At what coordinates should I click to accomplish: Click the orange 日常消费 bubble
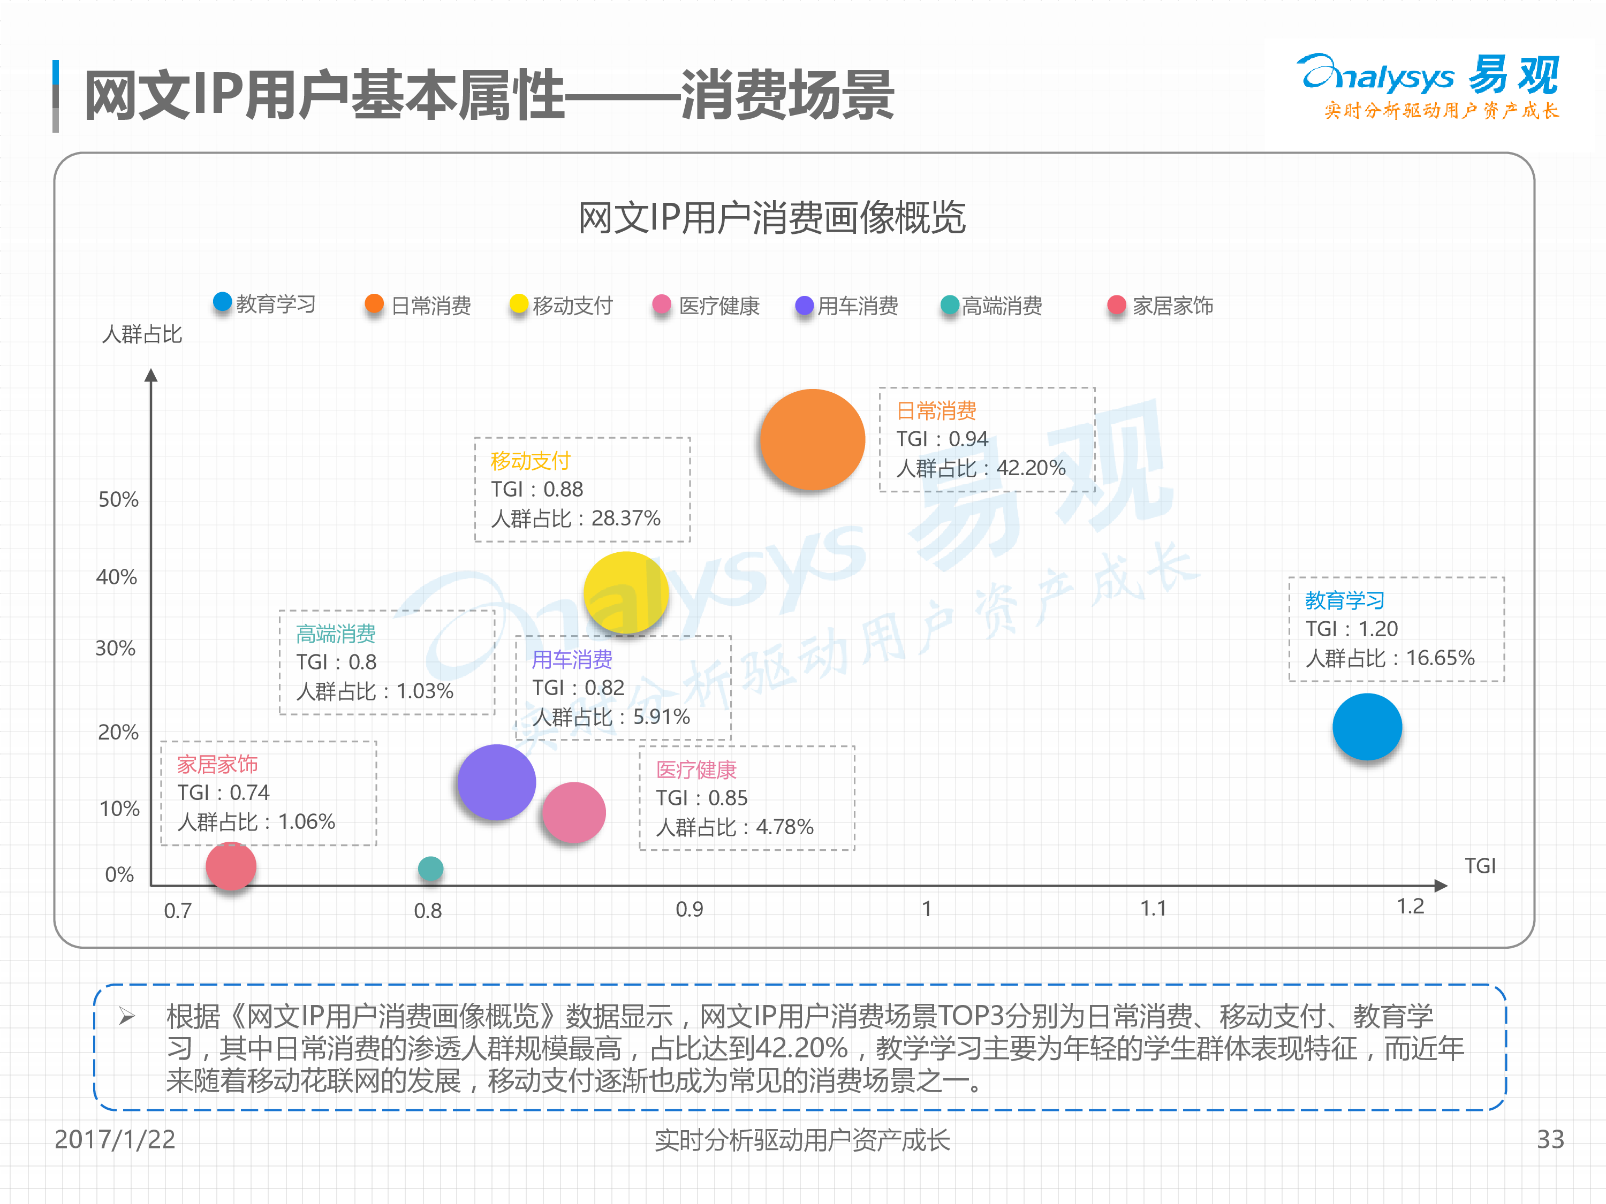click(813, 440)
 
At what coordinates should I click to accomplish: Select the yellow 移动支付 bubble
click(626, 593)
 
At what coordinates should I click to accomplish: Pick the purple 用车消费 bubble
click(497, 782)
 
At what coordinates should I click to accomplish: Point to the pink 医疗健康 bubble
click(573, 812)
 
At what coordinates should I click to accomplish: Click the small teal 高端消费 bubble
click(430, 868)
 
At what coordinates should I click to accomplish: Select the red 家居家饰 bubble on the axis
click(231, 866)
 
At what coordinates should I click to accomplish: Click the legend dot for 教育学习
click(222, 302)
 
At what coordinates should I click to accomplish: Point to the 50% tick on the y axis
click(118, 499)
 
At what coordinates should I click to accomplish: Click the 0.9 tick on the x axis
click(689, 909)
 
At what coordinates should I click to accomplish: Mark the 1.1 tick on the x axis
click(1153, 909)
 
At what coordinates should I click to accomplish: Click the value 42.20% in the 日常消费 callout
click(1031, 468)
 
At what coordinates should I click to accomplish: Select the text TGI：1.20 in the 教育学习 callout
click(1351, 629)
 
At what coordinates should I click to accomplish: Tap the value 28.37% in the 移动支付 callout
click(626, 518)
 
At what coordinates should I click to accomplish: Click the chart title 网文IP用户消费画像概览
click(772, 218)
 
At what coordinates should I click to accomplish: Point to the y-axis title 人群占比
click(142, 334)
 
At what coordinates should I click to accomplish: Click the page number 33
click(1550, 1139)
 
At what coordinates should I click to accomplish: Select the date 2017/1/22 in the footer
click(115, 1139)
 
